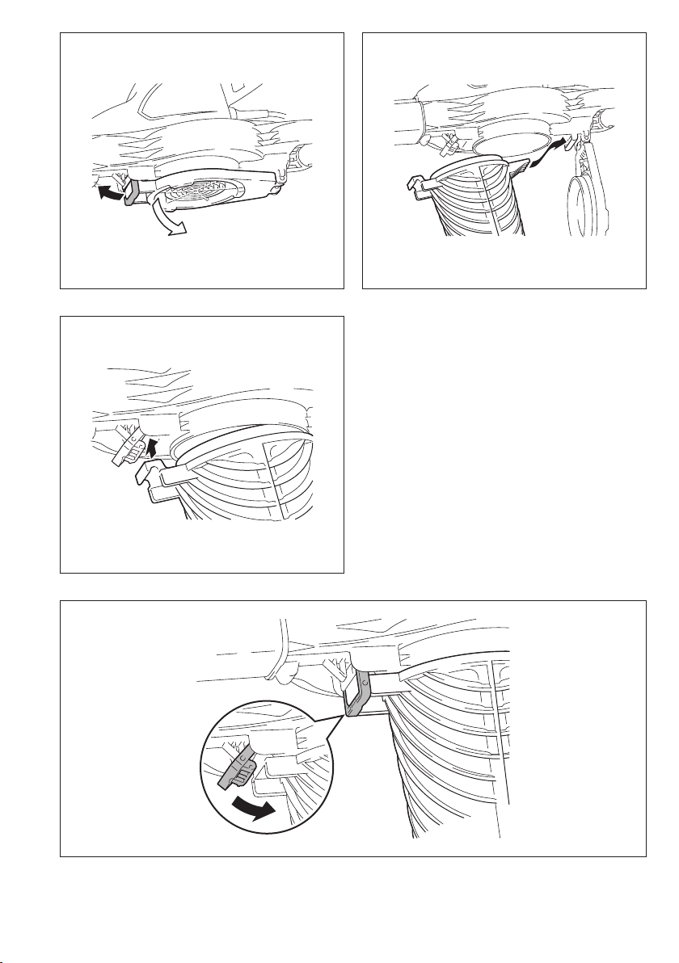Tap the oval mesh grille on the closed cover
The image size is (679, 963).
click(199, 191)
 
